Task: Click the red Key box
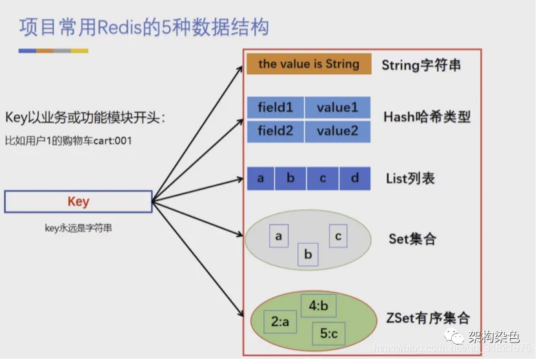pyautogui.click(x=78, y=202)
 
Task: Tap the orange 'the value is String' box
pyautogui.click(x=309, y=64)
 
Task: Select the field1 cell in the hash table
pyautogui.click(x=276, y=107)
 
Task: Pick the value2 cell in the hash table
pyautogui.click(x=338, y=131)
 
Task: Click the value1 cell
pyautogui.click(x=338, y=107)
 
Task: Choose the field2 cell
pyautogui.click(x=276, y=131)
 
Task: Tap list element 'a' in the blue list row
pyautogui.click(x=261, y=179)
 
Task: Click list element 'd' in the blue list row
pyautogui.click(x=355, y=179)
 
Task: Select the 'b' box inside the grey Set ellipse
pyautogui.click(x=308, y=254)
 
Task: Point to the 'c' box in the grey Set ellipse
pyautogui.click(x=338, y=236)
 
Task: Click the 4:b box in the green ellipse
pyautogui.click(x=318, y=306)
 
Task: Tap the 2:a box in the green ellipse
pyautogui.click(x=280, y=320)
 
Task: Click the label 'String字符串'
pyautogui.click(x=421, y=65)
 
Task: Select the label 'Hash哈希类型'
pyautogui.click(x=427, y=117)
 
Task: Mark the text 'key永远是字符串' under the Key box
pyautogui.click(x=78, y=227)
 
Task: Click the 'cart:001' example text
pyautogui.click(x=113, y=140)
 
